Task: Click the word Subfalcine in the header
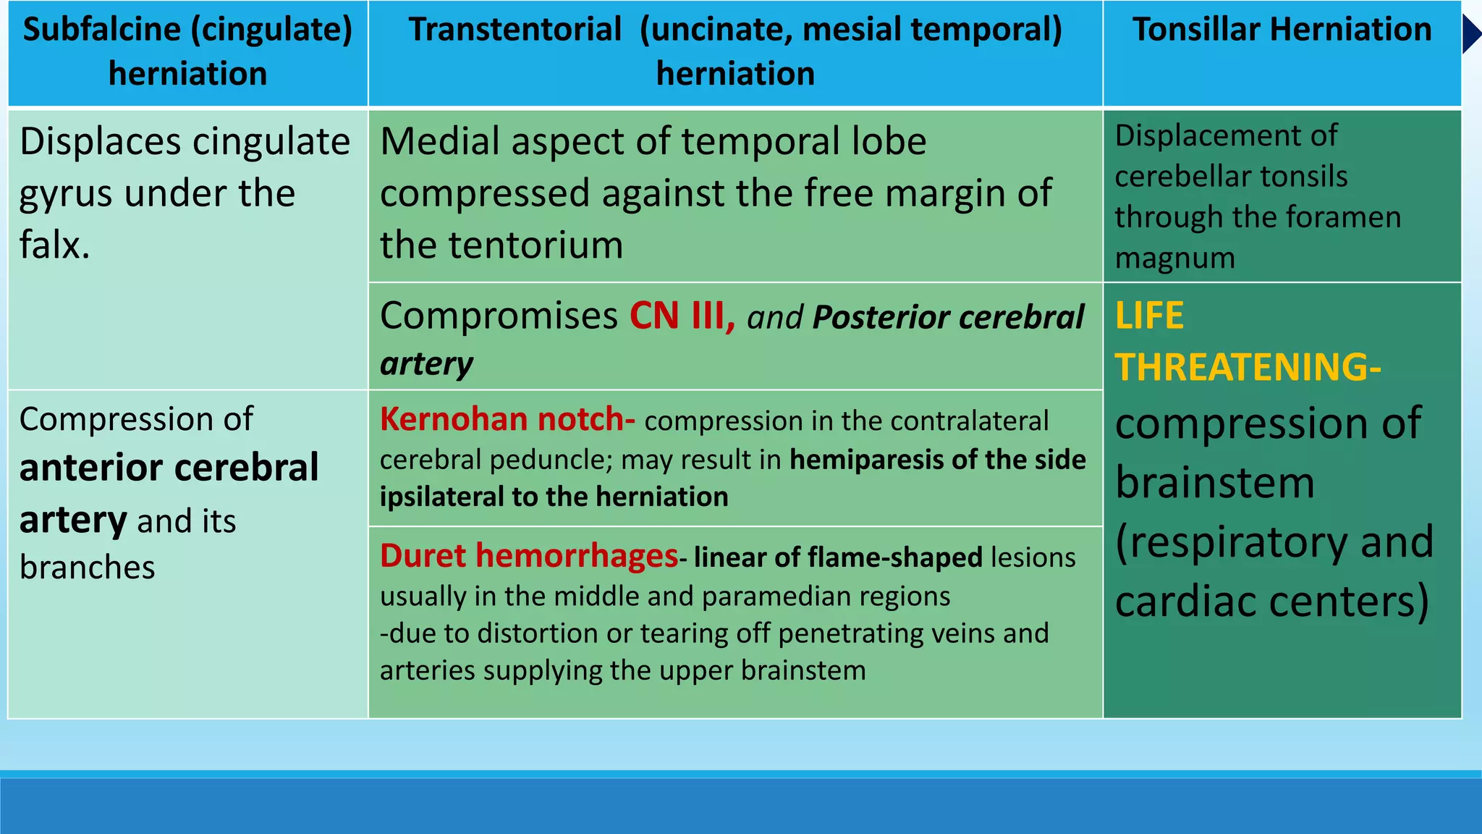(101, 30)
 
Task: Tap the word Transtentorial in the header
(515, 30)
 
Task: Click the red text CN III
(680, 316)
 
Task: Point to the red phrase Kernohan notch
(506, 420)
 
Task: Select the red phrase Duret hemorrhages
(529, 556)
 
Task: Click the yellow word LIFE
(1149, 316)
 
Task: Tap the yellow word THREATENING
(1242, 367)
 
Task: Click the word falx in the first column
(53, 245)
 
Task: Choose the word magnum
(1174, 258)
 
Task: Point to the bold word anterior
(85, 468)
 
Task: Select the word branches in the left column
(87, 568)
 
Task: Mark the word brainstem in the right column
(1214, 483)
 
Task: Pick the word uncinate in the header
(716, 30)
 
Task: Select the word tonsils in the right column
(1302, 177)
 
